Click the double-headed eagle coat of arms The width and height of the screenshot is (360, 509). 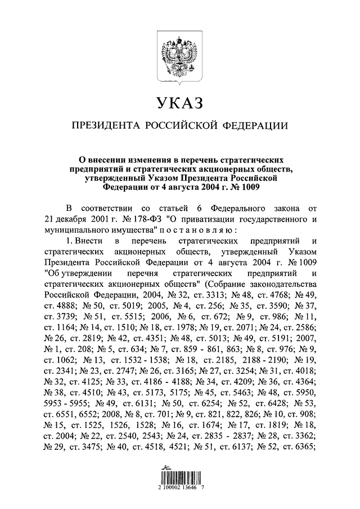pos(179,56)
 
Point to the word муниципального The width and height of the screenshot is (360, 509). pos(74,231)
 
